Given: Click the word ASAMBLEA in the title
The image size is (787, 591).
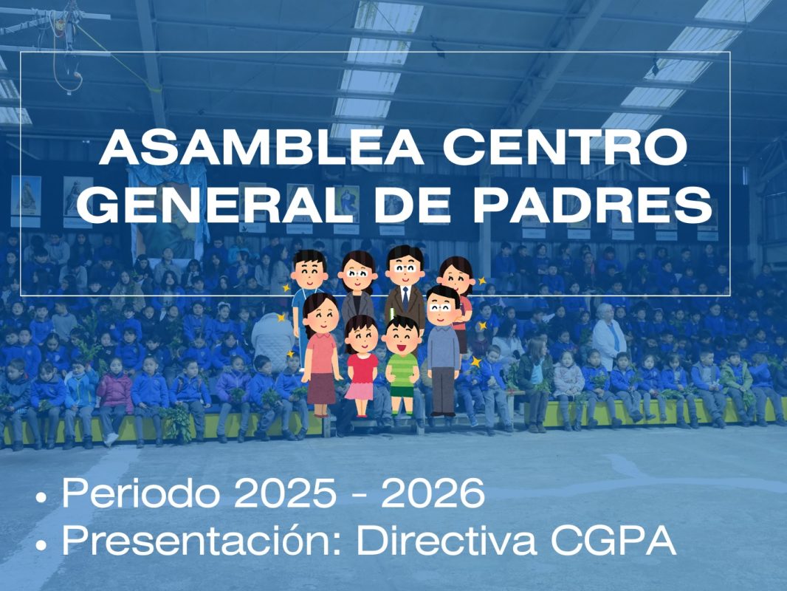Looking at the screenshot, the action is point(261,146).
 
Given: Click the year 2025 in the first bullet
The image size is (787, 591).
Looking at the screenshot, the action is point(285,493).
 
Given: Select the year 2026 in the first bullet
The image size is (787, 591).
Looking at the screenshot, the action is point(433,493).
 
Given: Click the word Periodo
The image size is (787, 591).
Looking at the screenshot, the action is point(141,493).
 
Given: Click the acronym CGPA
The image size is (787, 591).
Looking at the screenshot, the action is point(614,540).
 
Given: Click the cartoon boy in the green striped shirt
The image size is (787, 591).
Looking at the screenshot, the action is point(402,366).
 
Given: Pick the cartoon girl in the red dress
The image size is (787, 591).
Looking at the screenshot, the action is point(361,366).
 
